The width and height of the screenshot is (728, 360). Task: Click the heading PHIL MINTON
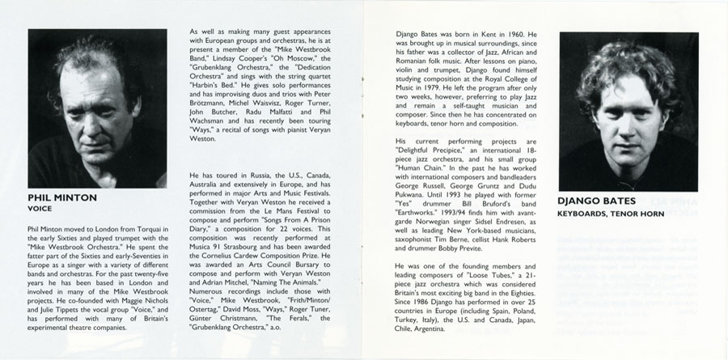61,196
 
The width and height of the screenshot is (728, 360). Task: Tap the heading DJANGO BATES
596,201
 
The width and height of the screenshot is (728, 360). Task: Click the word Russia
252,175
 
